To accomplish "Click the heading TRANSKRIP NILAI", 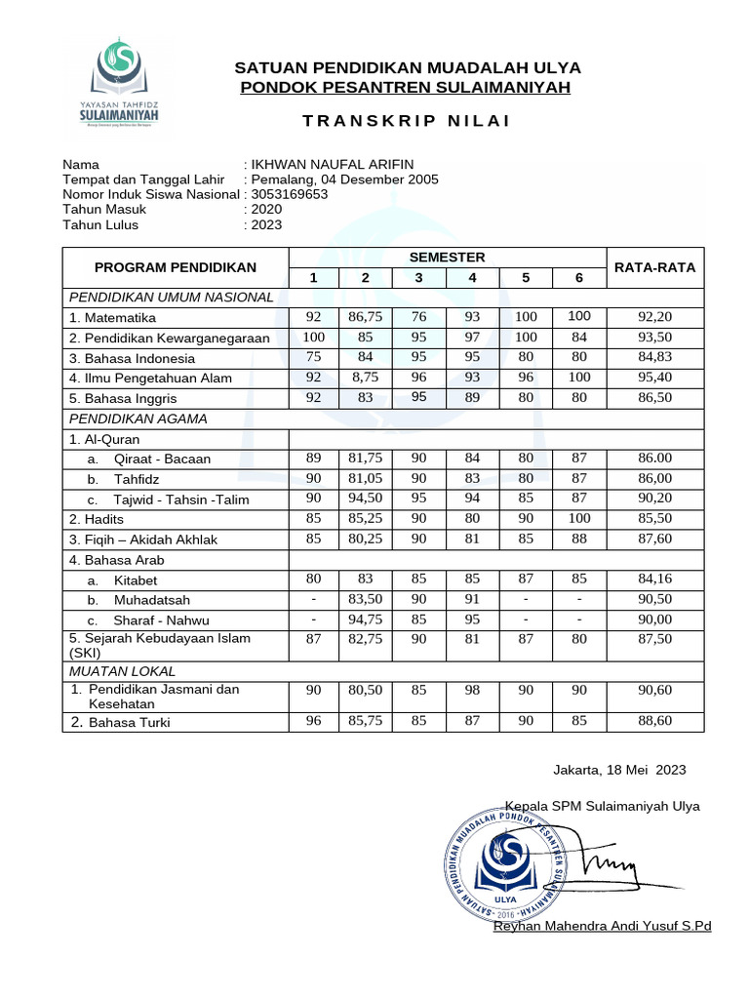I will tap(406, 121).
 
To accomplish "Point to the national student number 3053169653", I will tap(290, 194).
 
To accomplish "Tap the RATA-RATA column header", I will tap(653, 267).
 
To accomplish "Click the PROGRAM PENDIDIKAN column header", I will tap(176, 267).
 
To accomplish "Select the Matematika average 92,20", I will tap(655, 317).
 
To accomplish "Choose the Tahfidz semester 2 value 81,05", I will tap(365, 478).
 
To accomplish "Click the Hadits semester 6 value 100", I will tap(578, 519).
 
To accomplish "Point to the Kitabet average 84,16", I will tap(655, 579).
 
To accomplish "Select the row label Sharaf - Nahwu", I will tap(161, 620).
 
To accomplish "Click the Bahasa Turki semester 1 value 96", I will tap(313, 722).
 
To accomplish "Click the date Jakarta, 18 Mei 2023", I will tap(619, 770).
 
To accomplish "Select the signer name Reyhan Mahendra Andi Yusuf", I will tap(603, 926).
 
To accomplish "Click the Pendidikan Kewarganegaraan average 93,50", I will tap(655, 337).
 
